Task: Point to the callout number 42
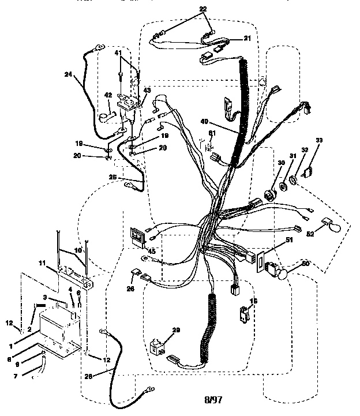(108, 96)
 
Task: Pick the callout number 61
(212, 133)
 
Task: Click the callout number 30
(265, 164)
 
